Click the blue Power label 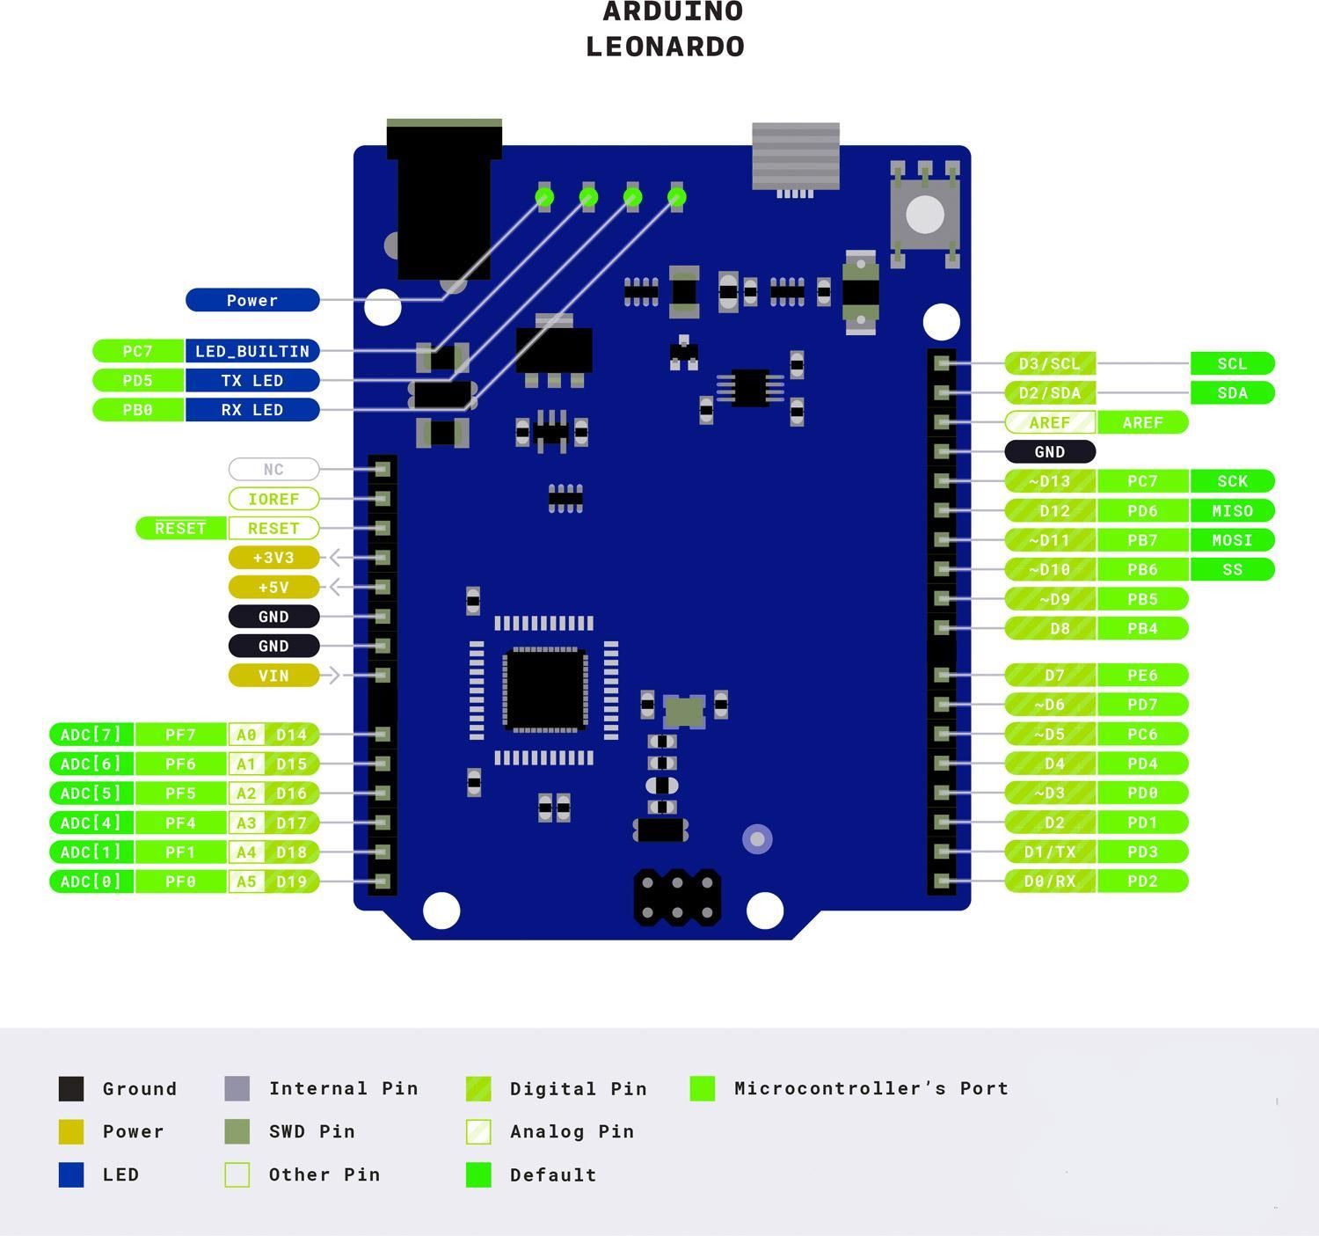252,300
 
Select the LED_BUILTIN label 252,351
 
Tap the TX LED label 252,381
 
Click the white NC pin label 273,469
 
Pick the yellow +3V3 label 273,558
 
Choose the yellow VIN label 273,676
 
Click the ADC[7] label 91,735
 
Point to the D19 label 291,881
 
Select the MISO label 1232,511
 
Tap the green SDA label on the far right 1232,393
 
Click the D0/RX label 1050,881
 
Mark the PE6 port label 1142,676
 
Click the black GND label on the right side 1050,452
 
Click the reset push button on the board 924,215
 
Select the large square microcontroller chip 544,690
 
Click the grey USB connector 796,157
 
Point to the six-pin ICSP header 677,897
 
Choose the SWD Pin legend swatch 237,1131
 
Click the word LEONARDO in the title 665,47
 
